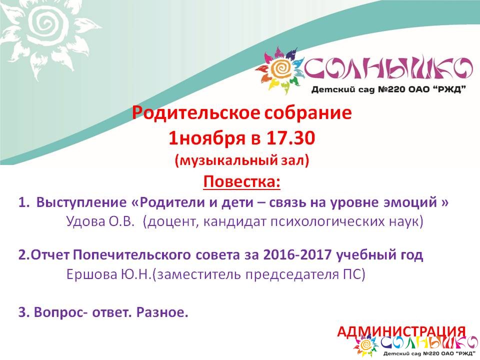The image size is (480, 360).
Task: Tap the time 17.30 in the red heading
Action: pyautogui.click(x=290, y=138)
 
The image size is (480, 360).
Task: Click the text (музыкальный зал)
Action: pyautogui.click(x=242, y=160)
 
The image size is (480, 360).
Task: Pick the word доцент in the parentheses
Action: pyautogui.click(x=173, y=222)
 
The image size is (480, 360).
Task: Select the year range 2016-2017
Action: pyautogui.click(x=297, y=254)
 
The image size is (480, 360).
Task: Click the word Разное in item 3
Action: pyautogui.click(x=160, y=312)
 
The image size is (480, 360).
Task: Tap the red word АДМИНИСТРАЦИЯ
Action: pyautogui.click(x=401, y=332)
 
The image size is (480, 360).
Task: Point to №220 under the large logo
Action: pyautogui.click(x=393, y=89)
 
